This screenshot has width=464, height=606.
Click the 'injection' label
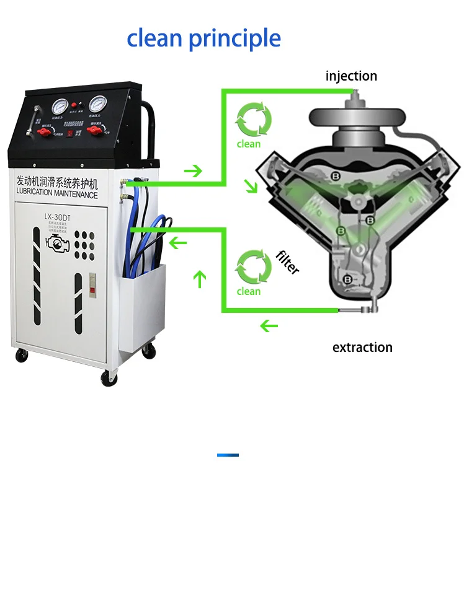point(351,76)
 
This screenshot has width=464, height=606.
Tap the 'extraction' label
point(362,348)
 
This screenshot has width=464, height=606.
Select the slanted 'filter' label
point(288,262)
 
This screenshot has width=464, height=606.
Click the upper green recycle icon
point(253,120)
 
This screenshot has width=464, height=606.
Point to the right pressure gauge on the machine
point(98,103)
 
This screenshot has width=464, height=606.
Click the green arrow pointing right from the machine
point(194,170)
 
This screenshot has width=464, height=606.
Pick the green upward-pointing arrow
point(199,279)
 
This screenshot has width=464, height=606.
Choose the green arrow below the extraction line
point(269,325)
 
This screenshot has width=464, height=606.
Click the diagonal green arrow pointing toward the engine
point(251,186)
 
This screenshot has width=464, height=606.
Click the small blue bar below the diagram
point(228,455)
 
